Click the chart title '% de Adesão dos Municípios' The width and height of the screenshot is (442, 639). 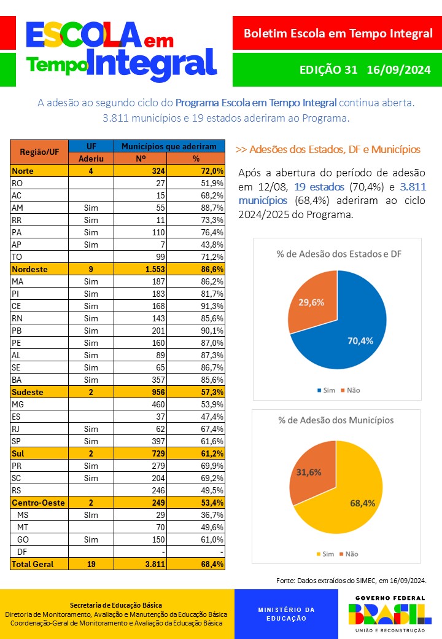[x=336, y=420]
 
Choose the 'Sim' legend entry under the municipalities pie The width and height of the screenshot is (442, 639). [x=325, y=554]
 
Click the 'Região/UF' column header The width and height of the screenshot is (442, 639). [x=39, y=152]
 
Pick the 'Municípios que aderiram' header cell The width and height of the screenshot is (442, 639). [x=169, y=146]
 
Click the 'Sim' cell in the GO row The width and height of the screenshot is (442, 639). [x=91, y=539]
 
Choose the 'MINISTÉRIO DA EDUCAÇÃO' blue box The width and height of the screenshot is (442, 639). [x=286, y=614]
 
